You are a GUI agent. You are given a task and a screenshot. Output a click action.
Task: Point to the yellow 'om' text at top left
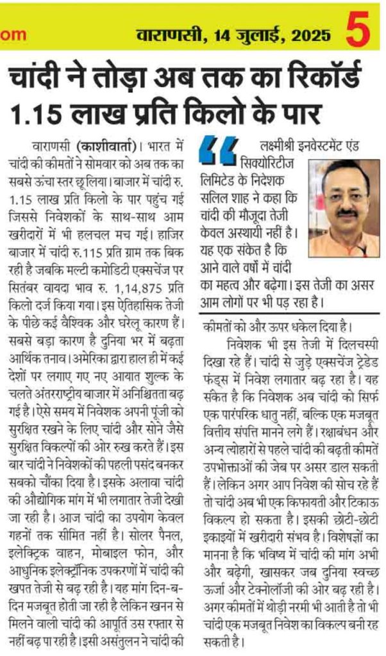(12, 36)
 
